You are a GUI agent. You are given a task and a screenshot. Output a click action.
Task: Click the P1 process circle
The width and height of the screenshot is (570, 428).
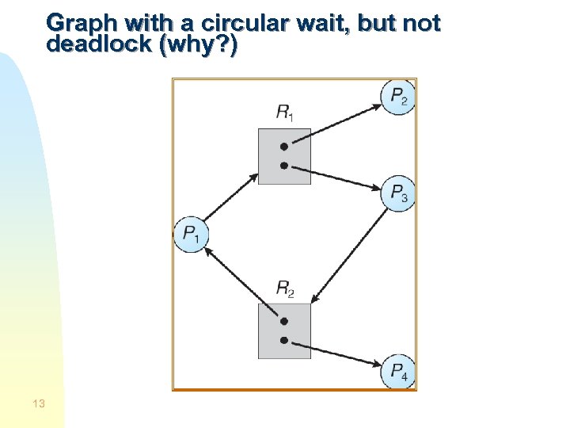tap(191, 235)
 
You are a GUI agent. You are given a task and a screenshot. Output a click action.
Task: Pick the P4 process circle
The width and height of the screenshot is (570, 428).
tap(397, 372)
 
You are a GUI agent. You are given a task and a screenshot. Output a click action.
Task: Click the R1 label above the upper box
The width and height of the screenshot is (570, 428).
tap(284, 113)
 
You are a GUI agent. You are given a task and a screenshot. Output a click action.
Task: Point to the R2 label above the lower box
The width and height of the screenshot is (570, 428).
tap(284, 289)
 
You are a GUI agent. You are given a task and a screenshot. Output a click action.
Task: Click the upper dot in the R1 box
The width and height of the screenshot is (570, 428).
tap(284, 147)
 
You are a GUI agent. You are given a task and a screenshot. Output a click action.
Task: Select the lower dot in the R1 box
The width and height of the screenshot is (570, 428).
tap(284, 166)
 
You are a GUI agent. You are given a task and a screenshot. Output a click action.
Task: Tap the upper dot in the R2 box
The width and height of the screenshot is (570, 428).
tap(284, 322)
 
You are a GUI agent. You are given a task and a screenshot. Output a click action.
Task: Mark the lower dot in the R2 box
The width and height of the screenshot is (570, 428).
tap(284, 341)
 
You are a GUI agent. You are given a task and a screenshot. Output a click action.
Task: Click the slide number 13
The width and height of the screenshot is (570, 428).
tap(39, 404)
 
